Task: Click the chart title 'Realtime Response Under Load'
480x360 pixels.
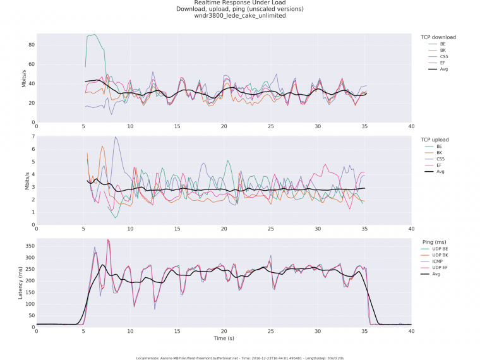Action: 239,3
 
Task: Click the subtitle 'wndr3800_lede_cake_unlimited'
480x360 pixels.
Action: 239,16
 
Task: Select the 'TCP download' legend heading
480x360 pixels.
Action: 438,37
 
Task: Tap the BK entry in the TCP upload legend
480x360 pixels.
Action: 440,152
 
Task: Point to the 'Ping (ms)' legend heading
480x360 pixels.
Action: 435,242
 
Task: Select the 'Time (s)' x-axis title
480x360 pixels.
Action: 224,339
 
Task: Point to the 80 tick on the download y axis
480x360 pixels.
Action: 30,45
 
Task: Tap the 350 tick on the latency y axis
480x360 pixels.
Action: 28,245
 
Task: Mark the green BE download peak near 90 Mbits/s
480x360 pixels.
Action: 94,35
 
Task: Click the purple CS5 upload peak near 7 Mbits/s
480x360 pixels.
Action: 115,137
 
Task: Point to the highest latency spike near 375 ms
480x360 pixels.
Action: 108,240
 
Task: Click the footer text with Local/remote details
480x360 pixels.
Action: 239,357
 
